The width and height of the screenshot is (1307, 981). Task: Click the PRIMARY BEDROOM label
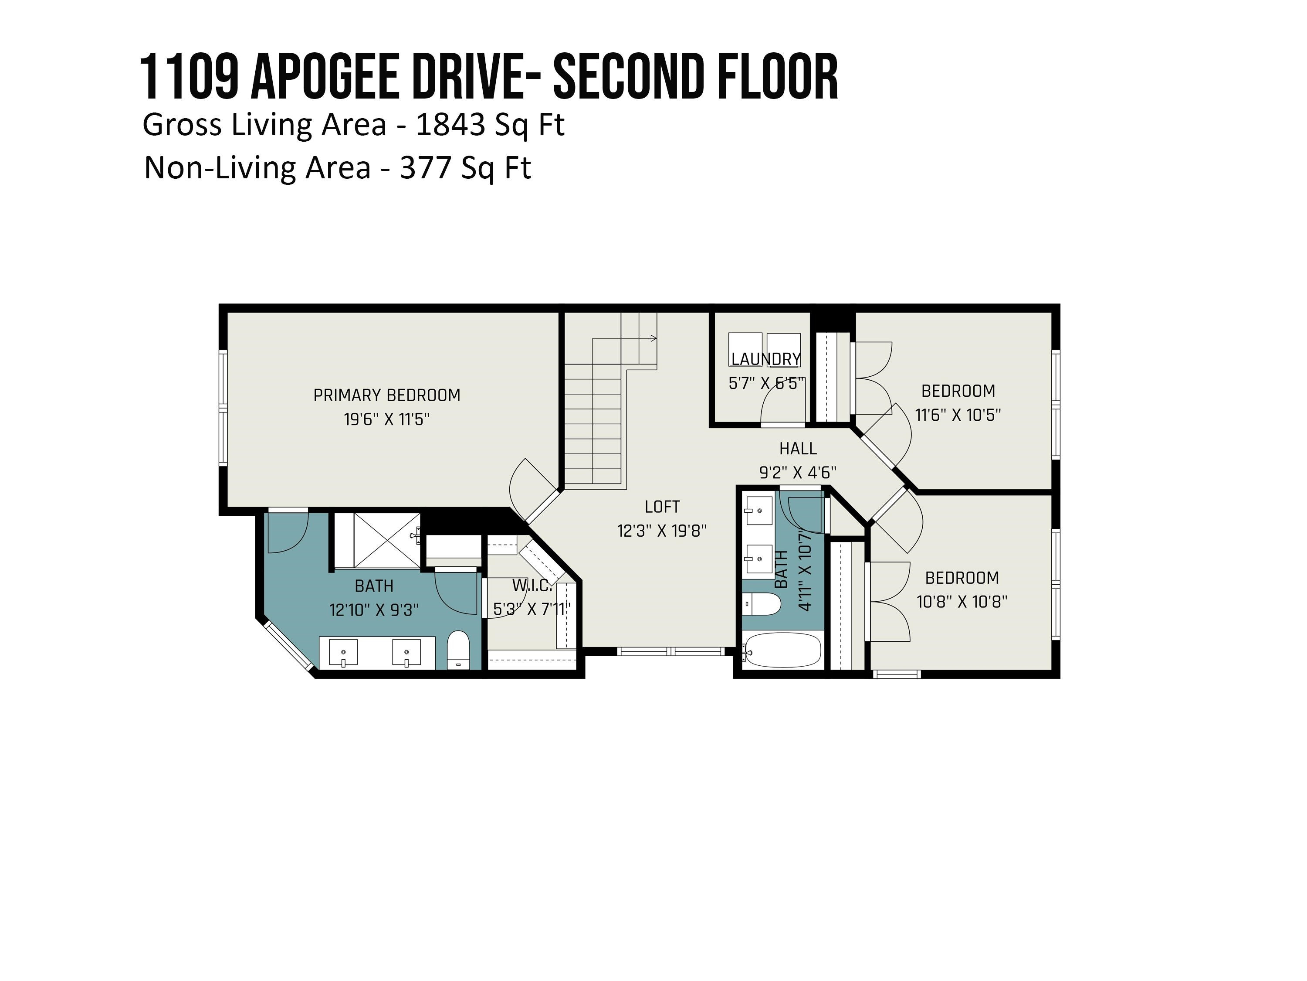(386, 395)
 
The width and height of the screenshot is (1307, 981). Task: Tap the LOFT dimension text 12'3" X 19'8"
(662, 531)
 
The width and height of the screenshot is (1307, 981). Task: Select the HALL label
(798, 449)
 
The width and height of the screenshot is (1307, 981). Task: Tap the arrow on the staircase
(653, 338)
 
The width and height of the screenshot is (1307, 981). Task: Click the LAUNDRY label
(766, 359)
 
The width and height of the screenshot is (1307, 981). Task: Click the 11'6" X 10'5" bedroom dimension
(958, 415)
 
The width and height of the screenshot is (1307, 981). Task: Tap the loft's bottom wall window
(670, 651)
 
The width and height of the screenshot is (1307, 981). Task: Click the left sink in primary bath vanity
(343, 652)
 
